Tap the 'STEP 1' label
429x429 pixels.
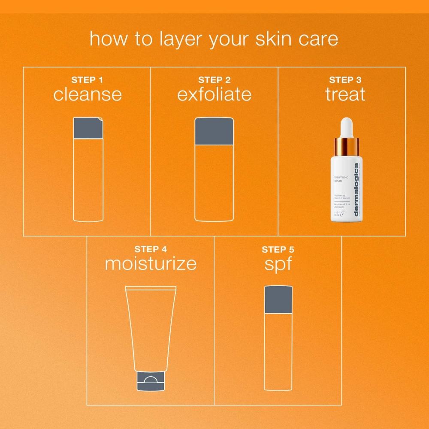click(87, 80)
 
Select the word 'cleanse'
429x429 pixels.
click(87, 94)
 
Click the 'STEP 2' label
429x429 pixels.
click(214, 80)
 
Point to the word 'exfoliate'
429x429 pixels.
click(214, 94)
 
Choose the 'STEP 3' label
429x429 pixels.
click(345, 80)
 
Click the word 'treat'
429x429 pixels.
click(345, 94)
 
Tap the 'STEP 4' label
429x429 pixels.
click(151, 249)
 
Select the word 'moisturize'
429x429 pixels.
click(151, 264)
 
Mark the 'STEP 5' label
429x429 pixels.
click(278, 249)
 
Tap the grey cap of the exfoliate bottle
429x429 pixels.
click(214, 131)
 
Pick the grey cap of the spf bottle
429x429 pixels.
click(278, 299)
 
